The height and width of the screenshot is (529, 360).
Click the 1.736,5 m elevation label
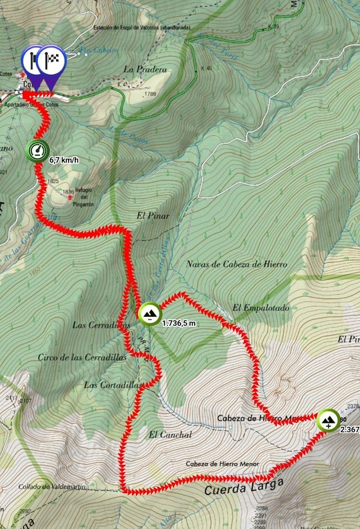(179, 323)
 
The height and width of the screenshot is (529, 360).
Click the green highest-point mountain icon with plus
(328, 420)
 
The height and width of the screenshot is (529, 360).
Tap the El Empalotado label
(255, 308)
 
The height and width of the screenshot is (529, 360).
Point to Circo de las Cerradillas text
(82, 358)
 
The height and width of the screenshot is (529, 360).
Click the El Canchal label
(171, 434)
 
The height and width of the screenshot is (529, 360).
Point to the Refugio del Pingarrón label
(85, 197)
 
